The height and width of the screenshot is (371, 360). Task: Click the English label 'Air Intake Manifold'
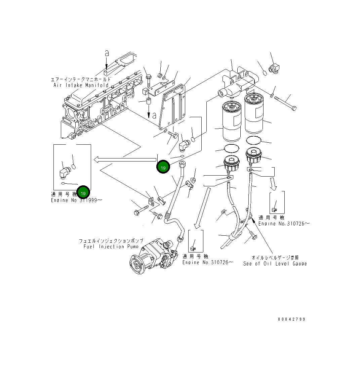81,85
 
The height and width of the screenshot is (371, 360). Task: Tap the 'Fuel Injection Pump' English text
111,246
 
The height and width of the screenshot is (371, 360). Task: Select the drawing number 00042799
291,319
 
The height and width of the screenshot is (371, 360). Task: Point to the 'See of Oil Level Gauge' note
275,264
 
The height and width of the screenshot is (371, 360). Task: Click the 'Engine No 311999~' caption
77,200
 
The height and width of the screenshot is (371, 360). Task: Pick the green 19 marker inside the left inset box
83,193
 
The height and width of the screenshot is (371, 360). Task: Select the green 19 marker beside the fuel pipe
163,167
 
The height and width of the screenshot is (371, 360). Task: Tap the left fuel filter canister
232,121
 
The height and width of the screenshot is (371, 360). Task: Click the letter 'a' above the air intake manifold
107,53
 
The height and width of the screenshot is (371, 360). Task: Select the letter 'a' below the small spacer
154,115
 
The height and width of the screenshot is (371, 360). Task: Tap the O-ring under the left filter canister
231,148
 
